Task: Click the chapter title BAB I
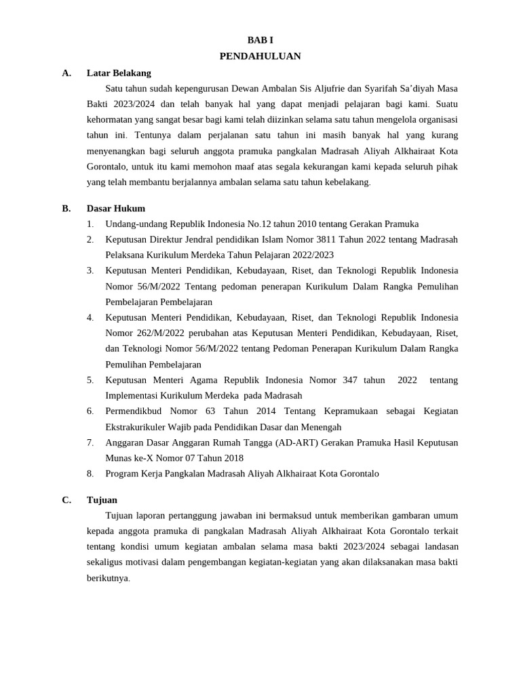tap(260, 41)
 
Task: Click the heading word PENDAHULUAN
tap(260, 56)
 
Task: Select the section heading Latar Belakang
tap(119, 73)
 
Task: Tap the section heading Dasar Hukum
tap(116, 208)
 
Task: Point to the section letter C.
tap(66, 499)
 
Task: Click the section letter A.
tap(66, 73)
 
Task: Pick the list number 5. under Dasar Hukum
tap(90, 380)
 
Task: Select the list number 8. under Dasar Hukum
tap(90, 474)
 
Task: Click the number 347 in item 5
tap(350, 380)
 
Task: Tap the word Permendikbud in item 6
tap(134, 411)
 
